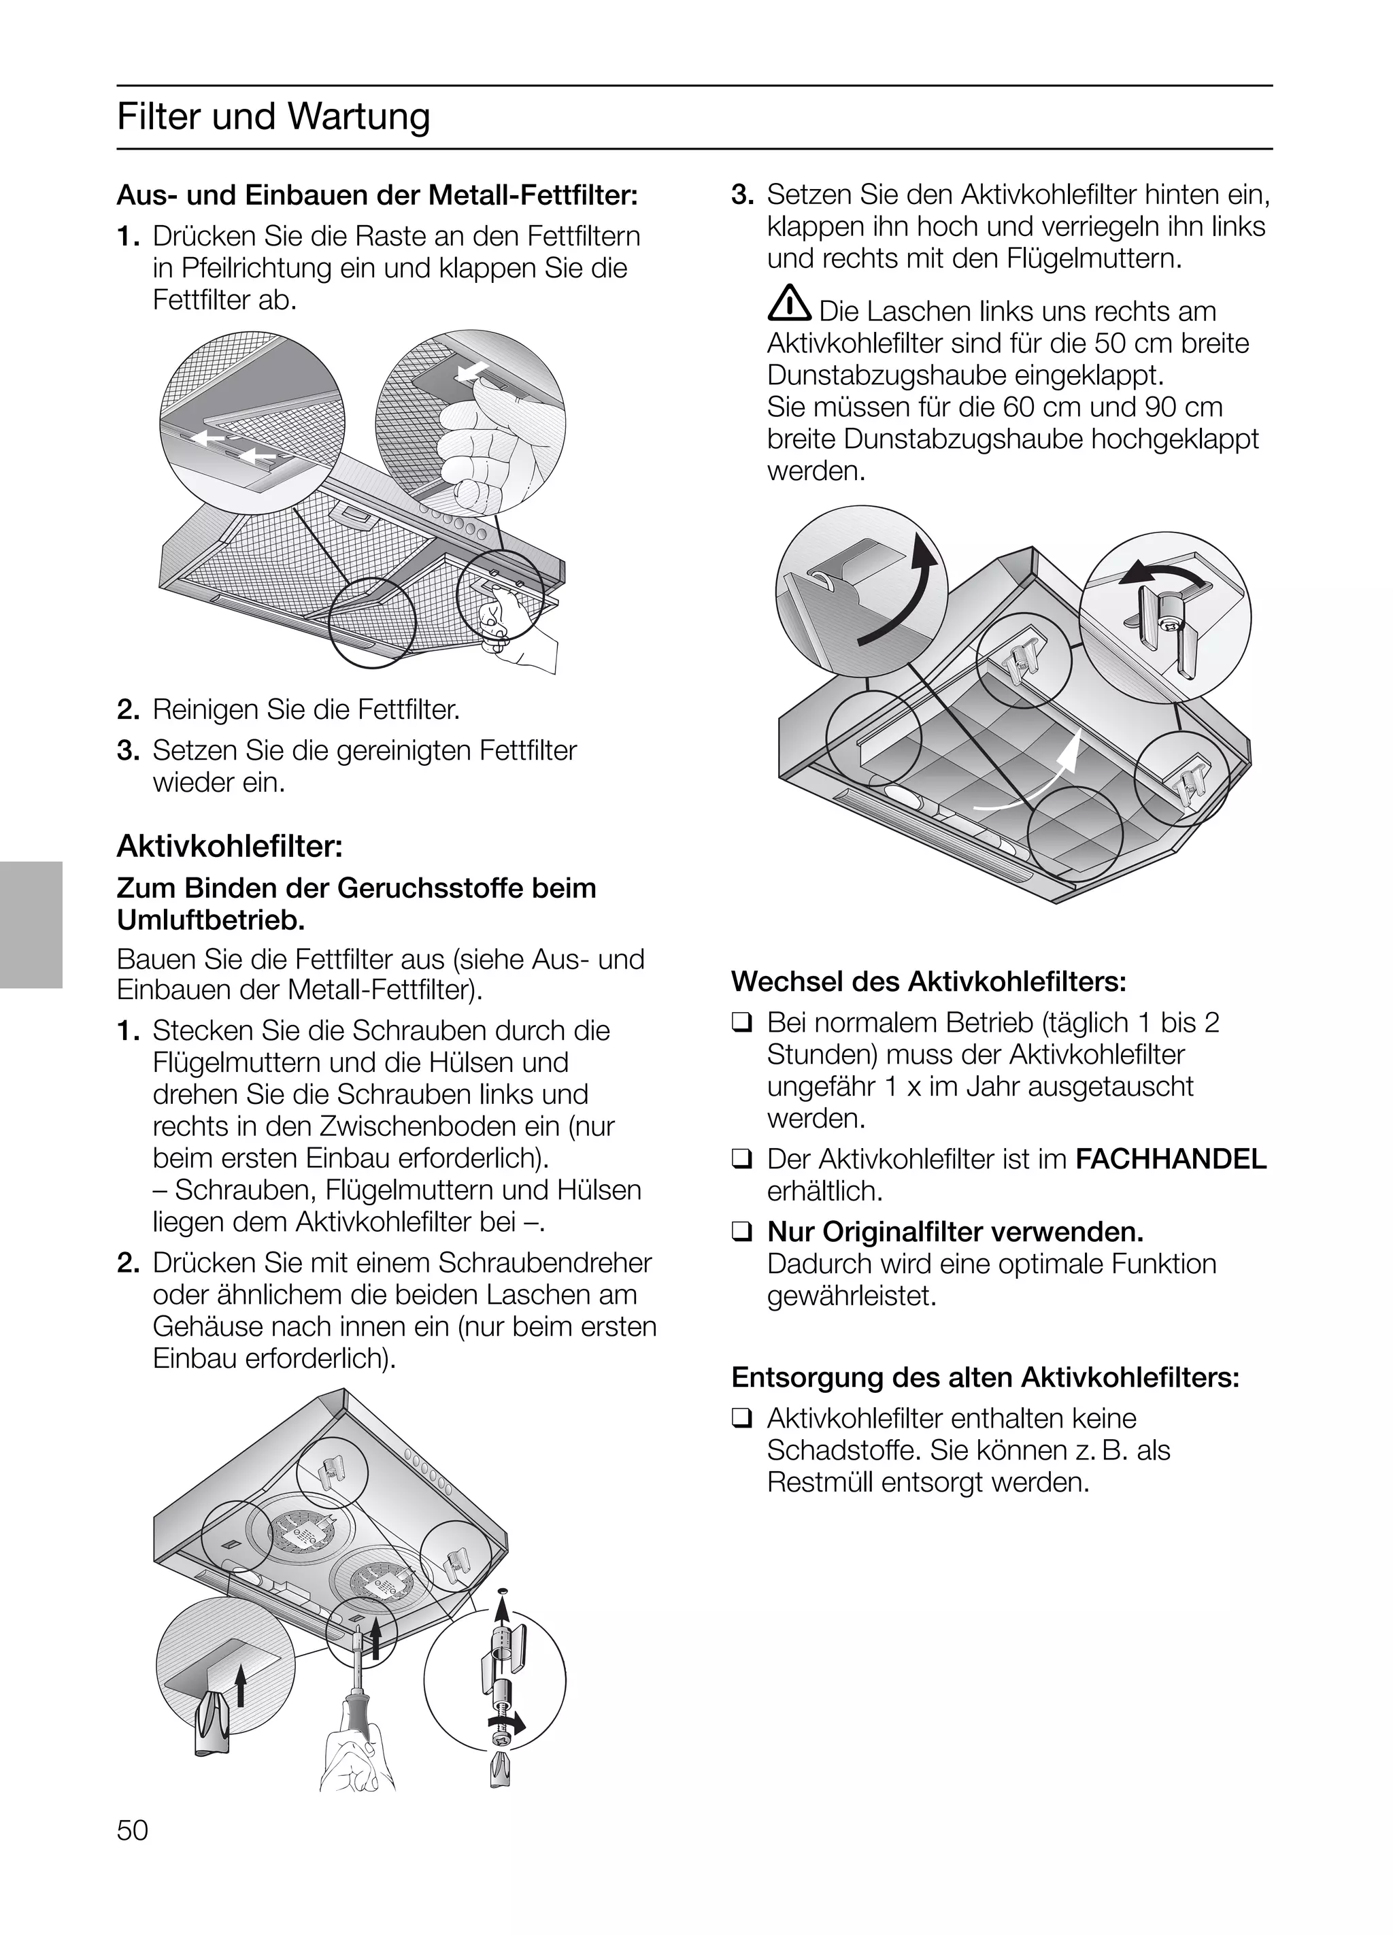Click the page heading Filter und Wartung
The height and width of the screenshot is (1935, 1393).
[273, 117]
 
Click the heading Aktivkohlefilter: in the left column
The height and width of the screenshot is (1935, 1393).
[229, 847]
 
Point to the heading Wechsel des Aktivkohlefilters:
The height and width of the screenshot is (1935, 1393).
[928, 981]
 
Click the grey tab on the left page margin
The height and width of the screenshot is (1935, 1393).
[31, 924]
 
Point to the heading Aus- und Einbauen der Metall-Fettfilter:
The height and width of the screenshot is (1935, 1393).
[376, 195]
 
